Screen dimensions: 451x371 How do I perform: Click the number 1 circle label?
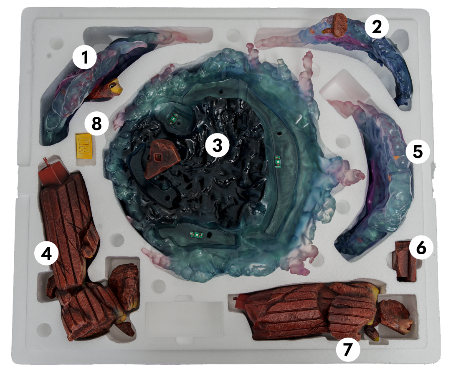pyautogui.click(x=84, y=58)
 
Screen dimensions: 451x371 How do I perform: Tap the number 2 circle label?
pyautogui.click(x=377, y=27)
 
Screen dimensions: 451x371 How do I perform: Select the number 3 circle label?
pyautogui.click(x=217, y=145)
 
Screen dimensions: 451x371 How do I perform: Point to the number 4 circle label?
pyautogui.click(x=46, y=253)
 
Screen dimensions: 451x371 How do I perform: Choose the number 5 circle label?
pyautogui.click(x=417, y=151)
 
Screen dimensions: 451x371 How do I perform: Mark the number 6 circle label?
pyautogui.click(x=421, y=248)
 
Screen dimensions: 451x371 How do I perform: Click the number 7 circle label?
pyautogui.click(x=348, y=350)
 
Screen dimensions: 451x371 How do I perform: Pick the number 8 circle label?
pyautogui.click(x=96, y=124)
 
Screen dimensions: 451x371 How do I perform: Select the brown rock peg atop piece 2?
pyautogui.click(x=337, y=25)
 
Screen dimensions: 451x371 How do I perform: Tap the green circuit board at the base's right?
pyautogui.click(x=278, y=161)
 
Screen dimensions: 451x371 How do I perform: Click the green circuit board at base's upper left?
pyautogui.click(x=173, y=117)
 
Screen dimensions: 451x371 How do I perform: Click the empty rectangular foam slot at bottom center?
pyautogui.click(x=185, y=319)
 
